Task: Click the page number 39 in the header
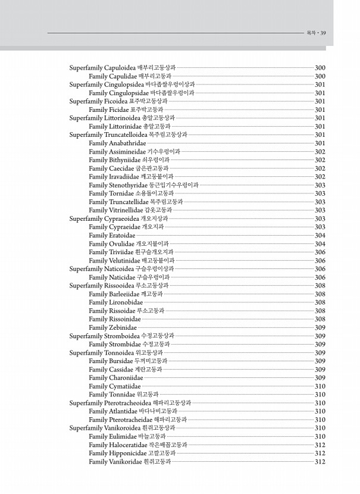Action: coord(323,33)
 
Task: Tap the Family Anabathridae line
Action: coord(117,143)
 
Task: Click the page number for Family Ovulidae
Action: coord(320,244)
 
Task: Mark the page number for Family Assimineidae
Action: coord(320,152)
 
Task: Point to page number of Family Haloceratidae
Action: coord(320,445)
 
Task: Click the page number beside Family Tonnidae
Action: coord(320,395)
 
